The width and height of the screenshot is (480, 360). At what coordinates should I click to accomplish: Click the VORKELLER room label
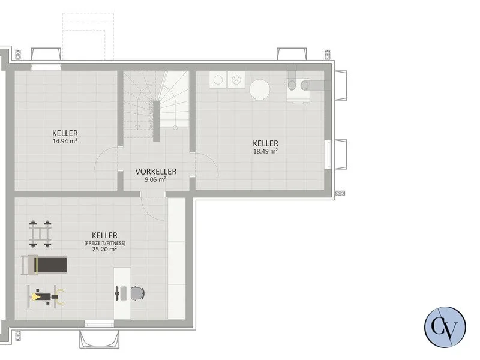(x=156, y=172)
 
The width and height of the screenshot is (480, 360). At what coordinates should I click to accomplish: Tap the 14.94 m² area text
(x=65, y=141)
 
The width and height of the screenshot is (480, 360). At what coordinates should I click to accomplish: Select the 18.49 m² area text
(x=265, y=151)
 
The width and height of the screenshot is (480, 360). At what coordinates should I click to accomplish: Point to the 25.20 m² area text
(x=104, y=249)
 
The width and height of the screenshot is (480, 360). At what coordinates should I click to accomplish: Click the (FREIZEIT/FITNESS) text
(x=104, y=243)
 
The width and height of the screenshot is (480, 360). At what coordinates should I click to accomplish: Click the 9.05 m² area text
(x=155, y=179)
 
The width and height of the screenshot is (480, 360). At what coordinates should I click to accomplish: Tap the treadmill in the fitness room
(x=44, y=265)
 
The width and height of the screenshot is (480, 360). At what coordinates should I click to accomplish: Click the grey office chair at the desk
(x=137, y=293)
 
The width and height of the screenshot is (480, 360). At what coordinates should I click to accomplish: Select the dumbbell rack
(x=40, y=233)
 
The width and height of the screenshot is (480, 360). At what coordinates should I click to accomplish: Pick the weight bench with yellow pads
(x=46, y=296)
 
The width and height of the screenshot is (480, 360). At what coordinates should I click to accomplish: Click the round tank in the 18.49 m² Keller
(x=260, y=89)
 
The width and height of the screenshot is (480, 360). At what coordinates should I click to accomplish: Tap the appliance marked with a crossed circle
(x=236, y=80)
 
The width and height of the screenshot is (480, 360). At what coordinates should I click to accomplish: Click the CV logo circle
(x=445, y=327)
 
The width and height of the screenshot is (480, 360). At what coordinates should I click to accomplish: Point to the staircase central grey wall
(x=156, y=121)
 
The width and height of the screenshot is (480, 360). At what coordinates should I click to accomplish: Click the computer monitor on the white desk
(x=117, y=293)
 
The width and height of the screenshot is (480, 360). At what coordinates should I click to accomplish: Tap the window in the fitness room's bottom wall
(x=99, y=323)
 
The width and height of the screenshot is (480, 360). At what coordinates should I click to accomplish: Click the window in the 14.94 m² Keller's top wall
(x=46, y=67)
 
